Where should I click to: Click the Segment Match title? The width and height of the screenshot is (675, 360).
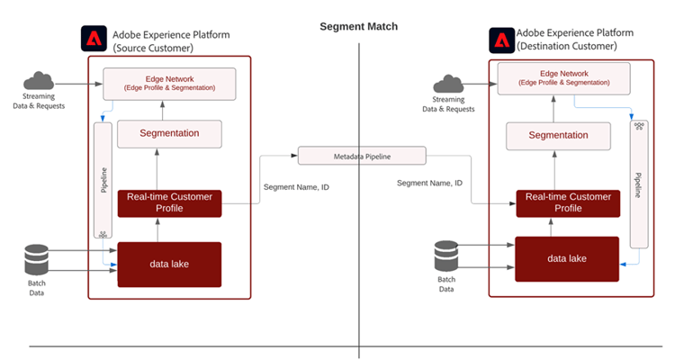[358, 26]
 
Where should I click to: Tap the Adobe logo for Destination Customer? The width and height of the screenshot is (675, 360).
[500, 40]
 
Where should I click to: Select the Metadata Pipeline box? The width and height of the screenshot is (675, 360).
[362, 156]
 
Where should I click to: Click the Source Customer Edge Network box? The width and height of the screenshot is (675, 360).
[169, 84]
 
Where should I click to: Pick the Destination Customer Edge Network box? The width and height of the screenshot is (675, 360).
[563, 80]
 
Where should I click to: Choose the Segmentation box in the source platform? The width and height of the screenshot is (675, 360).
[169, 133]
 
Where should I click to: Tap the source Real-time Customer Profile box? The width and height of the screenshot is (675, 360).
[169, 202]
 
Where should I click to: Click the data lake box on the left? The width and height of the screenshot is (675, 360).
[169, 264]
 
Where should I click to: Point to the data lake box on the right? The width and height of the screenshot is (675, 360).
[566, 258]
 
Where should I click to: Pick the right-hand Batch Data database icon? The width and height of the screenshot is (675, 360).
[447, 256]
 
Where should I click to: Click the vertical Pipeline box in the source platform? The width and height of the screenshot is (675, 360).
[103, 180]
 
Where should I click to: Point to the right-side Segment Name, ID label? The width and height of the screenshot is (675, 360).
[429, 183]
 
